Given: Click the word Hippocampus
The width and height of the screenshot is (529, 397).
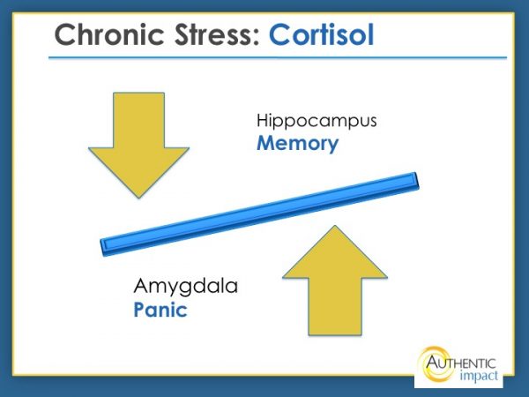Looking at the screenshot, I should pos(317,121).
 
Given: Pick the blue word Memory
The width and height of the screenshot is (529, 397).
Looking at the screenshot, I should pos(297,143).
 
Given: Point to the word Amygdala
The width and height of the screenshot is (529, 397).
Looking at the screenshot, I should pos(185,288).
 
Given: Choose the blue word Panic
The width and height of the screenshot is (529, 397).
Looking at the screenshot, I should pos(161,311).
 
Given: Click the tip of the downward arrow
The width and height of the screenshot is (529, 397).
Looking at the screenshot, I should pos(138,196).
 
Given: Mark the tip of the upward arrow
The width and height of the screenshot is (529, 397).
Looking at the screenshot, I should pos(334,227).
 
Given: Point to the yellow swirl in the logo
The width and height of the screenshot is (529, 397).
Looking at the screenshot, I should pos(431,364).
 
